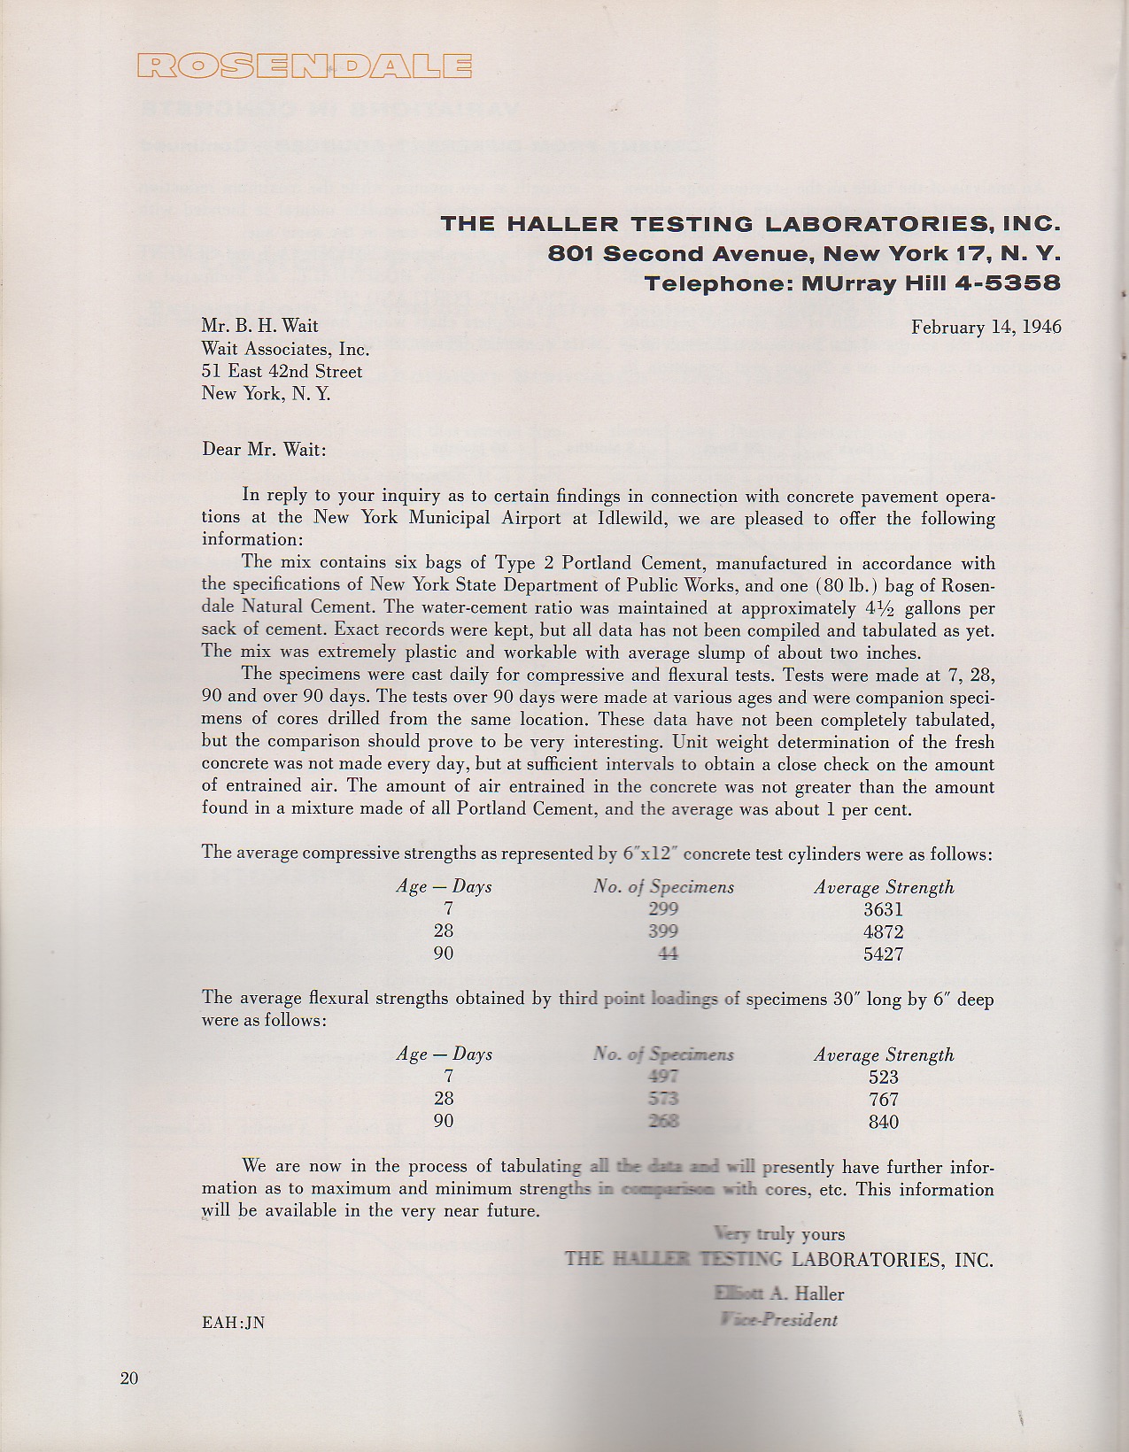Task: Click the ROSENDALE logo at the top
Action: [x=305, y=66]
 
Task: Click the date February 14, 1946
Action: [x=986, y=328]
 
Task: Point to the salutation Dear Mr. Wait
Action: [x=264, y=450]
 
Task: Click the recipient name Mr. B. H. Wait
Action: [x=259, y=327]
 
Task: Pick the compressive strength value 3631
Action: [x=883, y=910]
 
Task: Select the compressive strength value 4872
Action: [x=883, y=932]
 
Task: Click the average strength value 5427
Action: [x=883, y=954]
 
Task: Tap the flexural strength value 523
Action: [x=884, y=1077]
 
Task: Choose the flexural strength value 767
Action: [x=884, y=1100]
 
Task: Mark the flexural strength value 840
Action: [x=884, y=1122]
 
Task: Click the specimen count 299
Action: [x=663, y=909]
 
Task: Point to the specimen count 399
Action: [x=663, y=931]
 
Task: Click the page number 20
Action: [x=129, y=1379]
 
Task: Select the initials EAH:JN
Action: [x=233, y=1324]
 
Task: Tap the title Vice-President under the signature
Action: [x=779, y=1320]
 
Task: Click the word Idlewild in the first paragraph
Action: [x=628, y=518]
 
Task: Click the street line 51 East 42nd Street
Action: [x=282, y=372]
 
